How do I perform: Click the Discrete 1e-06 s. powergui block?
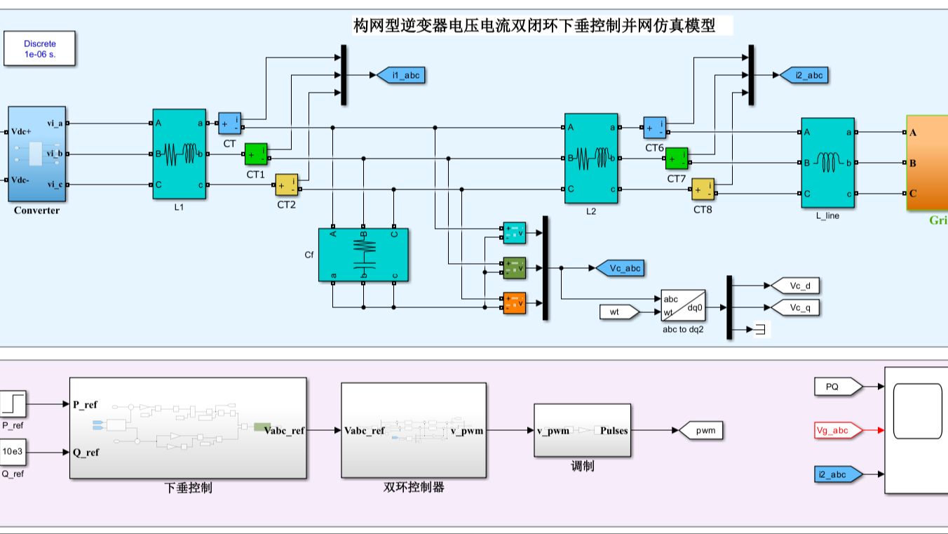tap(39, 48)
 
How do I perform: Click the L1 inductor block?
tap(180, 154)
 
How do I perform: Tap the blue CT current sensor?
tap(229, 124)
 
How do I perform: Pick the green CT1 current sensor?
tap(255, 154)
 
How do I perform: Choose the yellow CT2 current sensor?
tap(286, 185)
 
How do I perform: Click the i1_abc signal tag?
tap(401, 74)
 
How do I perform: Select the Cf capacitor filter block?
tap(363, 255)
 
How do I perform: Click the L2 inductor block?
tap(591, 158)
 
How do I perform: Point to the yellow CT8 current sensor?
tap(703, 189)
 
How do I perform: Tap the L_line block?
tap(827, 163)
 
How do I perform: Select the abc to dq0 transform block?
tap(683, 305)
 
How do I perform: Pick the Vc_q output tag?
tap(795, 307)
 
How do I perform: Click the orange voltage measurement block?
tap(514, 303)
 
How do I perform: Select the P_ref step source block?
tap(13, 403)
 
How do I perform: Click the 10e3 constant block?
tap(13, 452)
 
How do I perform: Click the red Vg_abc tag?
tap(838, 430)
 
